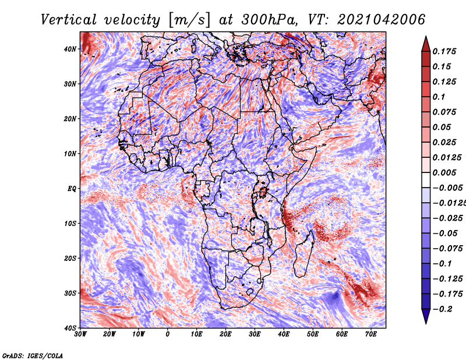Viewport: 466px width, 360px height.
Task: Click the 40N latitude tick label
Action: (x=70, y=49)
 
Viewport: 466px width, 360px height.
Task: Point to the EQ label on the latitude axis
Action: (x=72, y=189)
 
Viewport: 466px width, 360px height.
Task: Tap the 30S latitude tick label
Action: (x=70, y=293)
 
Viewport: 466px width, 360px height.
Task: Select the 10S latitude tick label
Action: (x=70, y=223)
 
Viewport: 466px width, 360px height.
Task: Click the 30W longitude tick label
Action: (x=80, y=334)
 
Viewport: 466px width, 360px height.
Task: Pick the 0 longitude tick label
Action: (x=168, y=334)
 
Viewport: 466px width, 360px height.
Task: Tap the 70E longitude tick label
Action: (x=370, y=334)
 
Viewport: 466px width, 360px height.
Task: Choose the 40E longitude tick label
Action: (x=284, y=334)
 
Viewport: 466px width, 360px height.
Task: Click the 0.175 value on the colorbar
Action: (x=444, y=51)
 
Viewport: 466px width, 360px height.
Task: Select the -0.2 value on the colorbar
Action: (x=443, y=309)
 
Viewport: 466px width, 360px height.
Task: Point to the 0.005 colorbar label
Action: (x=444, y=172)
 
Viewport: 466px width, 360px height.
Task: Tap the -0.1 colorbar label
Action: (x=443, y=263)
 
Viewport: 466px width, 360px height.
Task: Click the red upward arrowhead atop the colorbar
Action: (x=426, y=44)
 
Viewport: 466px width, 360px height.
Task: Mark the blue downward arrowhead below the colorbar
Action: (x=426, y=316)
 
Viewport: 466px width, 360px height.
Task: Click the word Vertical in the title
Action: (x=69, y=20)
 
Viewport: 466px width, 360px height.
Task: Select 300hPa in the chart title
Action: (x=269, y=20)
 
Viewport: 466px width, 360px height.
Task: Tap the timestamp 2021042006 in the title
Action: (x=382, y=20)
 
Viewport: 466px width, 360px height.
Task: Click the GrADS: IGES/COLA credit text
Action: (x=33, y=356)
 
